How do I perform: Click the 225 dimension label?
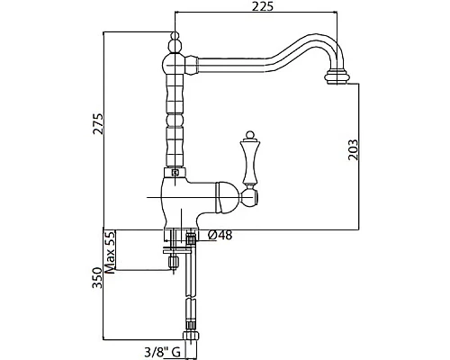click(x=263, y=6)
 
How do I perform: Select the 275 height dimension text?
click(x=98, y=123)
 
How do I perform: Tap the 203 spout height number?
click(x=354, y=149)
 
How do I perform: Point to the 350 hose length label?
click(x=97, y=277)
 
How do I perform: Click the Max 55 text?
click(x=110, y=252)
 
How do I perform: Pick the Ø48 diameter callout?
click(x=220, y=235)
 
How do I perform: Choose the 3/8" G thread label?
click(x=162, y=351)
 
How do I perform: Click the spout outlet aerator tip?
click(x=337, y=77)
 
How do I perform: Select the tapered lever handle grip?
click(x=249, y=163)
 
